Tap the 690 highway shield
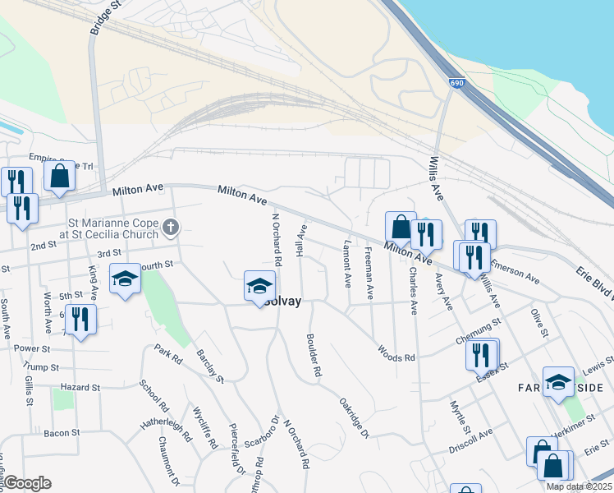[455, 83]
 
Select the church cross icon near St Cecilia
[171, 226]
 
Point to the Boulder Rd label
[313, 355]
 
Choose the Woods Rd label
[396, 352]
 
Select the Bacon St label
[62, 432]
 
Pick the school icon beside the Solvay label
[259, 286]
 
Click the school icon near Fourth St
[125, 279]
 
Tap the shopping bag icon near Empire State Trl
[59, 176]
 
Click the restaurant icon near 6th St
[80, 318]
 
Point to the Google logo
[26, 483]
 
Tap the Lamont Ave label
[347, 262]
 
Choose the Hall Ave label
[301, 242]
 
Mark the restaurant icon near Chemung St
[480, 354]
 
